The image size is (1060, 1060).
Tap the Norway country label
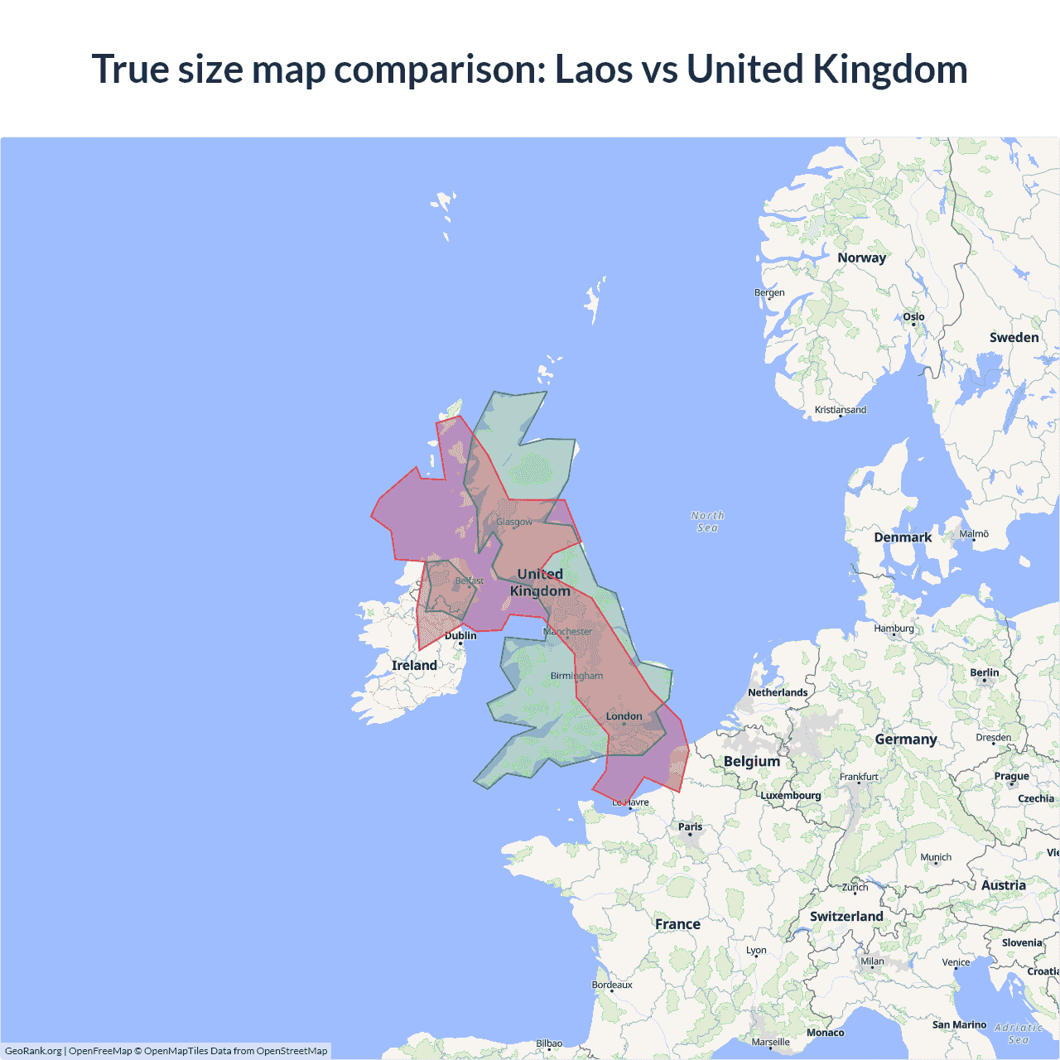point(861,258)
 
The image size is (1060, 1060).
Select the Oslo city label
point(913,316)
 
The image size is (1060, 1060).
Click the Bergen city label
point(769,292)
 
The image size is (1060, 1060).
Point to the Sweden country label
point(1014,337)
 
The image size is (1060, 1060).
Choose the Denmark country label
point(903,537)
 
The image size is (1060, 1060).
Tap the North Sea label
point(707,521)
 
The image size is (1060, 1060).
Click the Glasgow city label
point(514,522)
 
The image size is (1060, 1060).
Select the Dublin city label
point(460,635)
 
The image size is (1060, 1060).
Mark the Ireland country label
point(414,665)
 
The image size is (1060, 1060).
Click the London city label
point(624,716)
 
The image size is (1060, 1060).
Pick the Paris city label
point(690,826)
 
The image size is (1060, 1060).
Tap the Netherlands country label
point(778,692)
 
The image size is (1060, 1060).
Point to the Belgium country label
point(752,761)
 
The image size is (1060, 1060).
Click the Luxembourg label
point(791,795)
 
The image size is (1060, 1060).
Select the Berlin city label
point(985,672)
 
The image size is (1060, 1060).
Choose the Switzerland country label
point(846,916)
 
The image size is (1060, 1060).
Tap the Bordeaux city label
point(612,985)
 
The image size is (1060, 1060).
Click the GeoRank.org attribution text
point(33,1051)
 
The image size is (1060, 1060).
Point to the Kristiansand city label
point(841,410)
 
